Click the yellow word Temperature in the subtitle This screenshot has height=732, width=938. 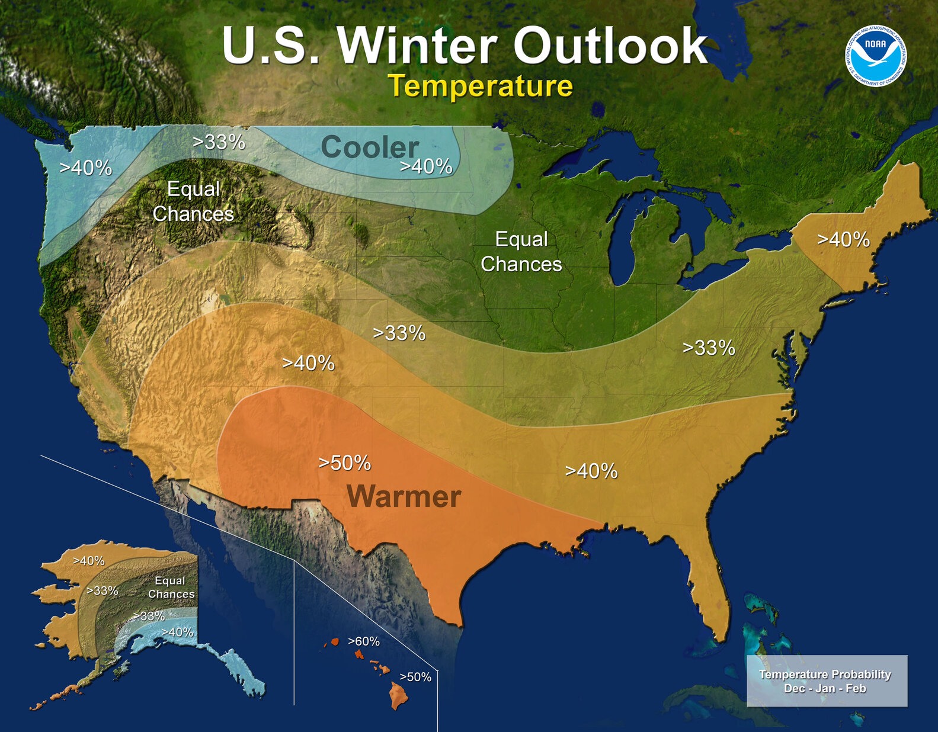click(x=480, y=86)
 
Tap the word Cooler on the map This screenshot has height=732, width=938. click(x=370, y=147)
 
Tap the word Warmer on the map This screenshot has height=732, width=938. click(x=404, y=496)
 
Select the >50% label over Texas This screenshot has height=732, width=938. click(x=345, y=463)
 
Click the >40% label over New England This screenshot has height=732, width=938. click(x=843, y=240)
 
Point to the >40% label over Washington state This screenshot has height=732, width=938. click(x=86, y=168)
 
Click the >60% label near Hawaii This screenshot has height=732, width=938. click(x=364, y=641)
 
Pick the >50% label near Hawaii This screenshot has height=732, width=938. click(x=415, y=677)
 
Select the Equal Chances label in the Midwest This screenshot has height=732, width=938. click(x=521, y=252)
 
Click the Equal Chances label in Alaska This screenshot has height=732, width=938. click(x=171, y=587)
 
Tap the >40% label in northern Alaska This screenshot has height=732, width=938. click(x=89, y=561)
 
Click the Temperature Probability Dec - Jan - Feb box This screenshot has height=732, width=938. click(x=826, y=681)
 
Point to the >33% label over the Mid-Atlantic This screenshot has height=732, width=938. click(x=709, y=348)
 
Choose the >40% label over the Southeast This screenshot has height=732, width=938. click(x=591, y=471)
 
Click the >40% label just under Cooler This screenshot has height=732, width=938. click(x=427, y=167)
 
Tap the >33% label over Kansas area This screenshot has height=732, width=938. click(x=399, y=333)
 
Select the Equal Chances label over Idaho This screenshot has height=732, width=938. click(x=193, y=201)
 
